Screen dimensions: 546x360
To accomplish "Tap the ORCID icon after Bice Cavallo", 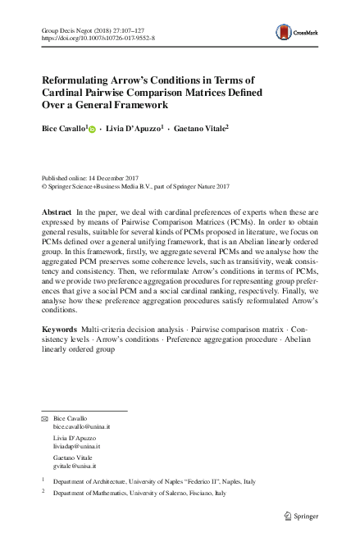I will (x=92, y=128).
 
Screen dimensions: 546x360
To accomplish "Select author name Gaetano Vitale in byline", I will (x=200, y=128).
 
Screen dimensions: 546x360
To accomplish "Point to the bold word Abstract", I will (x=56, y=212).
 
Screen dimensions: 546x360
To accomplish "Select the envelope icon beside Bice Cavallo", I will (x=45, y=419).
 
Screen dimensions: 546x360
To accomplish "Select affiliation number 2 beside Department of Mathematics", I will (x=43, y=494).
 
